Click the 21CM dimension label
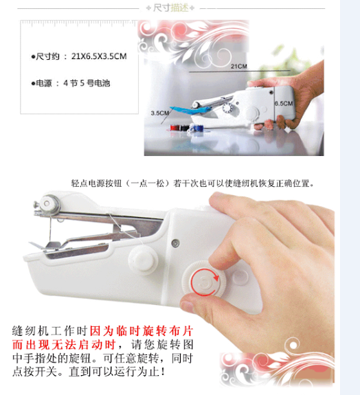point(239,66)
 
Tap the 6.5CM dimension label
point(284,104)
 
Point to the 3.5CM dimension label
point(159,113)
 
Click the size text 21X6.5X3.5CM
point(99,56)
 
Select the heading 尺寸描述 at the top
point(170,8)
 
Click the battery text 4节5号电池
point(87,83)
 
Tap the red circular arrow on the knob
point(205,282)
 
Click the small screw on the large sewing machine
point(175,243)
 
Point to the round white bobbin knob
point(143,260)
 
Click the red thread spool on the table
point(175,128)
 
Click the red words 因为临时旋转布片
point(142,330)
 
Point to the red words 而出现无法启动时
point(64,344)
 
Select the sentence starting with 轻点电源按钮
point(193,183)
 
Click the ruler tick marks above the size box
point(78,23)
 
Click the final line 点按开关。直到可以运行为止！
point(89,372)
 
